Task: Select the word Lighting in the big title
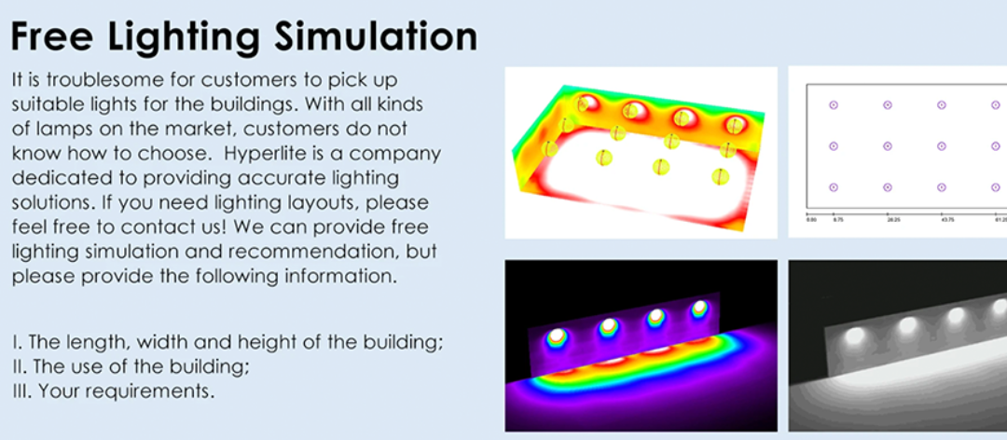186,37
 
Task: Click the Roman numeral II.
18,366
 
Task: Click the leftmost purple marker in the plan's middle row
833,146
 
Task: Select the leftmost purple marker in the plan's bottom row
833,186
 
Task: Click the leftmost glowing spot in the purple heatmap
557,337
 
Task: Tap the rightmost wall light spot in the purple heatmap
698,309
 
